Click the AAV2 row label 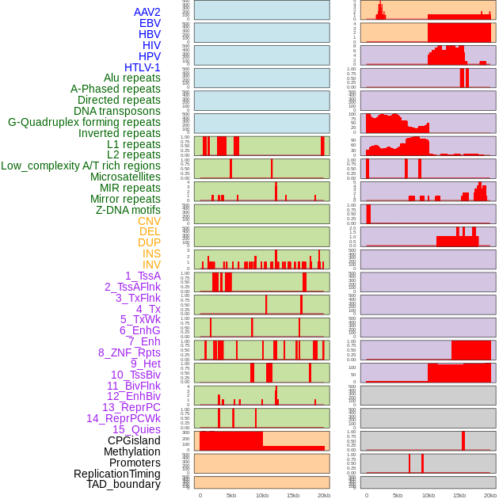tap(147, 12)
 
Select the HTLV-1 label tap(143, 67)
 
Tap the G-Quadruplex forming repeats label tap(84, 122)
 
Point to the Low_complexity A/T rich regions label tap(81, 166)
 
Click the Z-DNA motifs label tap(128, 210)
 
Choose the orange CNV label tap(149, 221)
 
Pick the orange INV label tap(151, 265)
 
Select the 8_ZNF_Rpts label tap(129, 352)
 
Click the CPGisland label tap(134, 440)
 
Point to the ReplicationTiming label tap(117, 474)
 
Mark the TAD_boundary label tap(124, 484)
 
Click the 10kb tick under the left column tap(262, 495)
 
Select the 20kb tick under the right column tap(490, 495)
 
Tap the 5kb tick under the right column tap(398, 495)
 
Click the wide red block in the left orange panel tap(230, 440)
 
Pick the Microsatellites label tap(125, 177)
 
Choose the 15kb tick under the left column tap(293, 495)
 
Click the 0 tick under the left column tap(200, 495)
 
